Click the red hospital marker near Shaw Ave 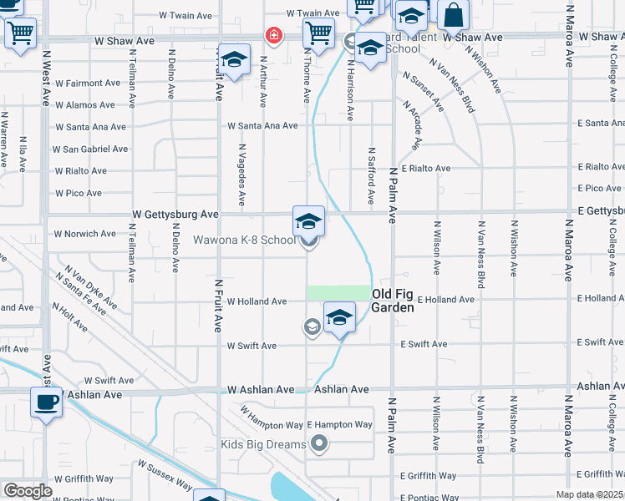272,35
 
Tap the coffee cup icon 47,402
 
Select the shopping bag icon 453,15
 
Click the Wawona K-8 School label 244,240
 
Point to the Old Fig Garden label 392,301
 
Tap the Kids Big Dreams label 263,444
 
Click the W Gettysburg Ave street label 175,215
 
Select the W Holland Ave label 257,301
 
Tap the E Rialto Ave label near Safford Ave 426,168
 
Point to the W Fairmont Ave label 88,83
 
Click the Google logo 28,491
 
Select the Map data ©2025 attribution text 589,494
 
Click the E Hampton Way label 339,425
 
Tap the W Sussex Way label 165,476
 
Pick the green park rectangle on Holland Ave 338,292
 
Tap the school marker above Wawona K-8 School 308,221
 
